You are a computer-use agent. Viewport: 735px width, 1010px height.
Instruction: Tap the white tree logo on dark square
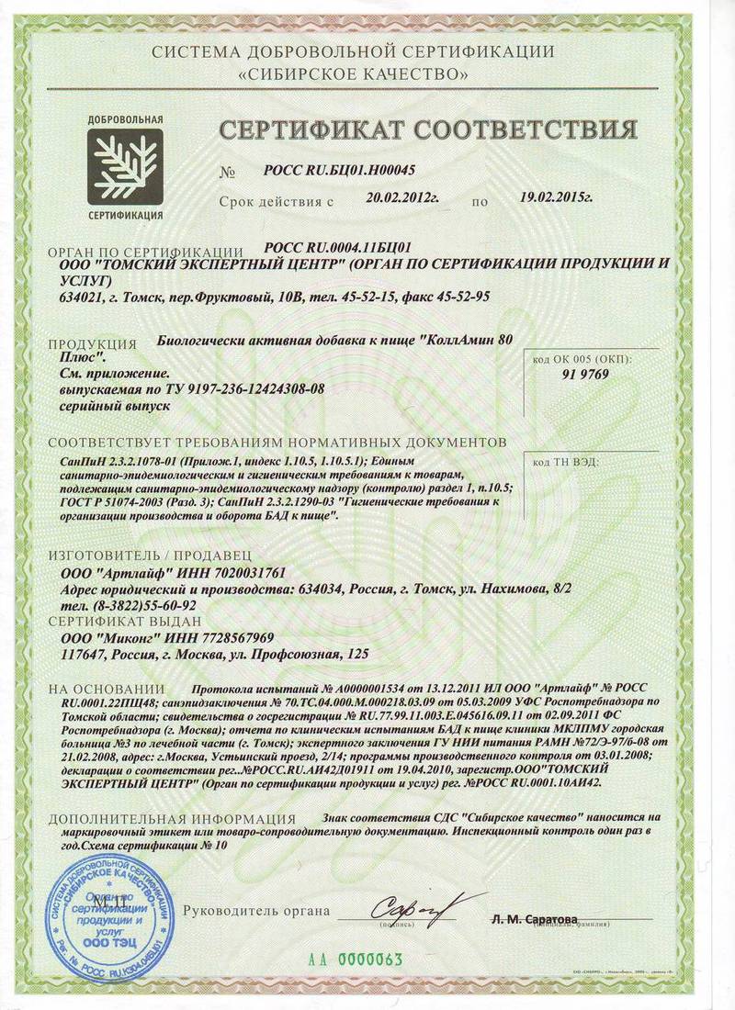click(126, 167)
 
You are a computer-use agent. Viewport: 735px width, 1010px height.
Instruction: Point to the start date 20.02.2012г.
click(403, 196)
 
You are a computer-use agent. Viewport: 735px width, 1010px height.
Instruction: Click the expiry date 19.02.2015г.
click(556, 196)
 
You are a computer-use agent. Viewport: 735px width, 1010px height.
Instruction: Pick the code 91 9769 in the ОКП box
click(585, 374)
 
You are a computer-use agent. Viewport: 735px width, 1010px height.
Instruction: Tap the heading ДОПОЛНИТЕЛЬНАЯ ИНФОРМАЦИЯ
click(172, 818)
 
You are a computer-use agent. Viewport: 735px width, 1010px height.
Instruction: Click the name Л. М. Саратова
click(534, 919)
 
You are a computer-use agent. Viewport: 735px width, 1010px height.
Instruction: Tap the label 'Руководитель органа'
click(256, 911)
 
